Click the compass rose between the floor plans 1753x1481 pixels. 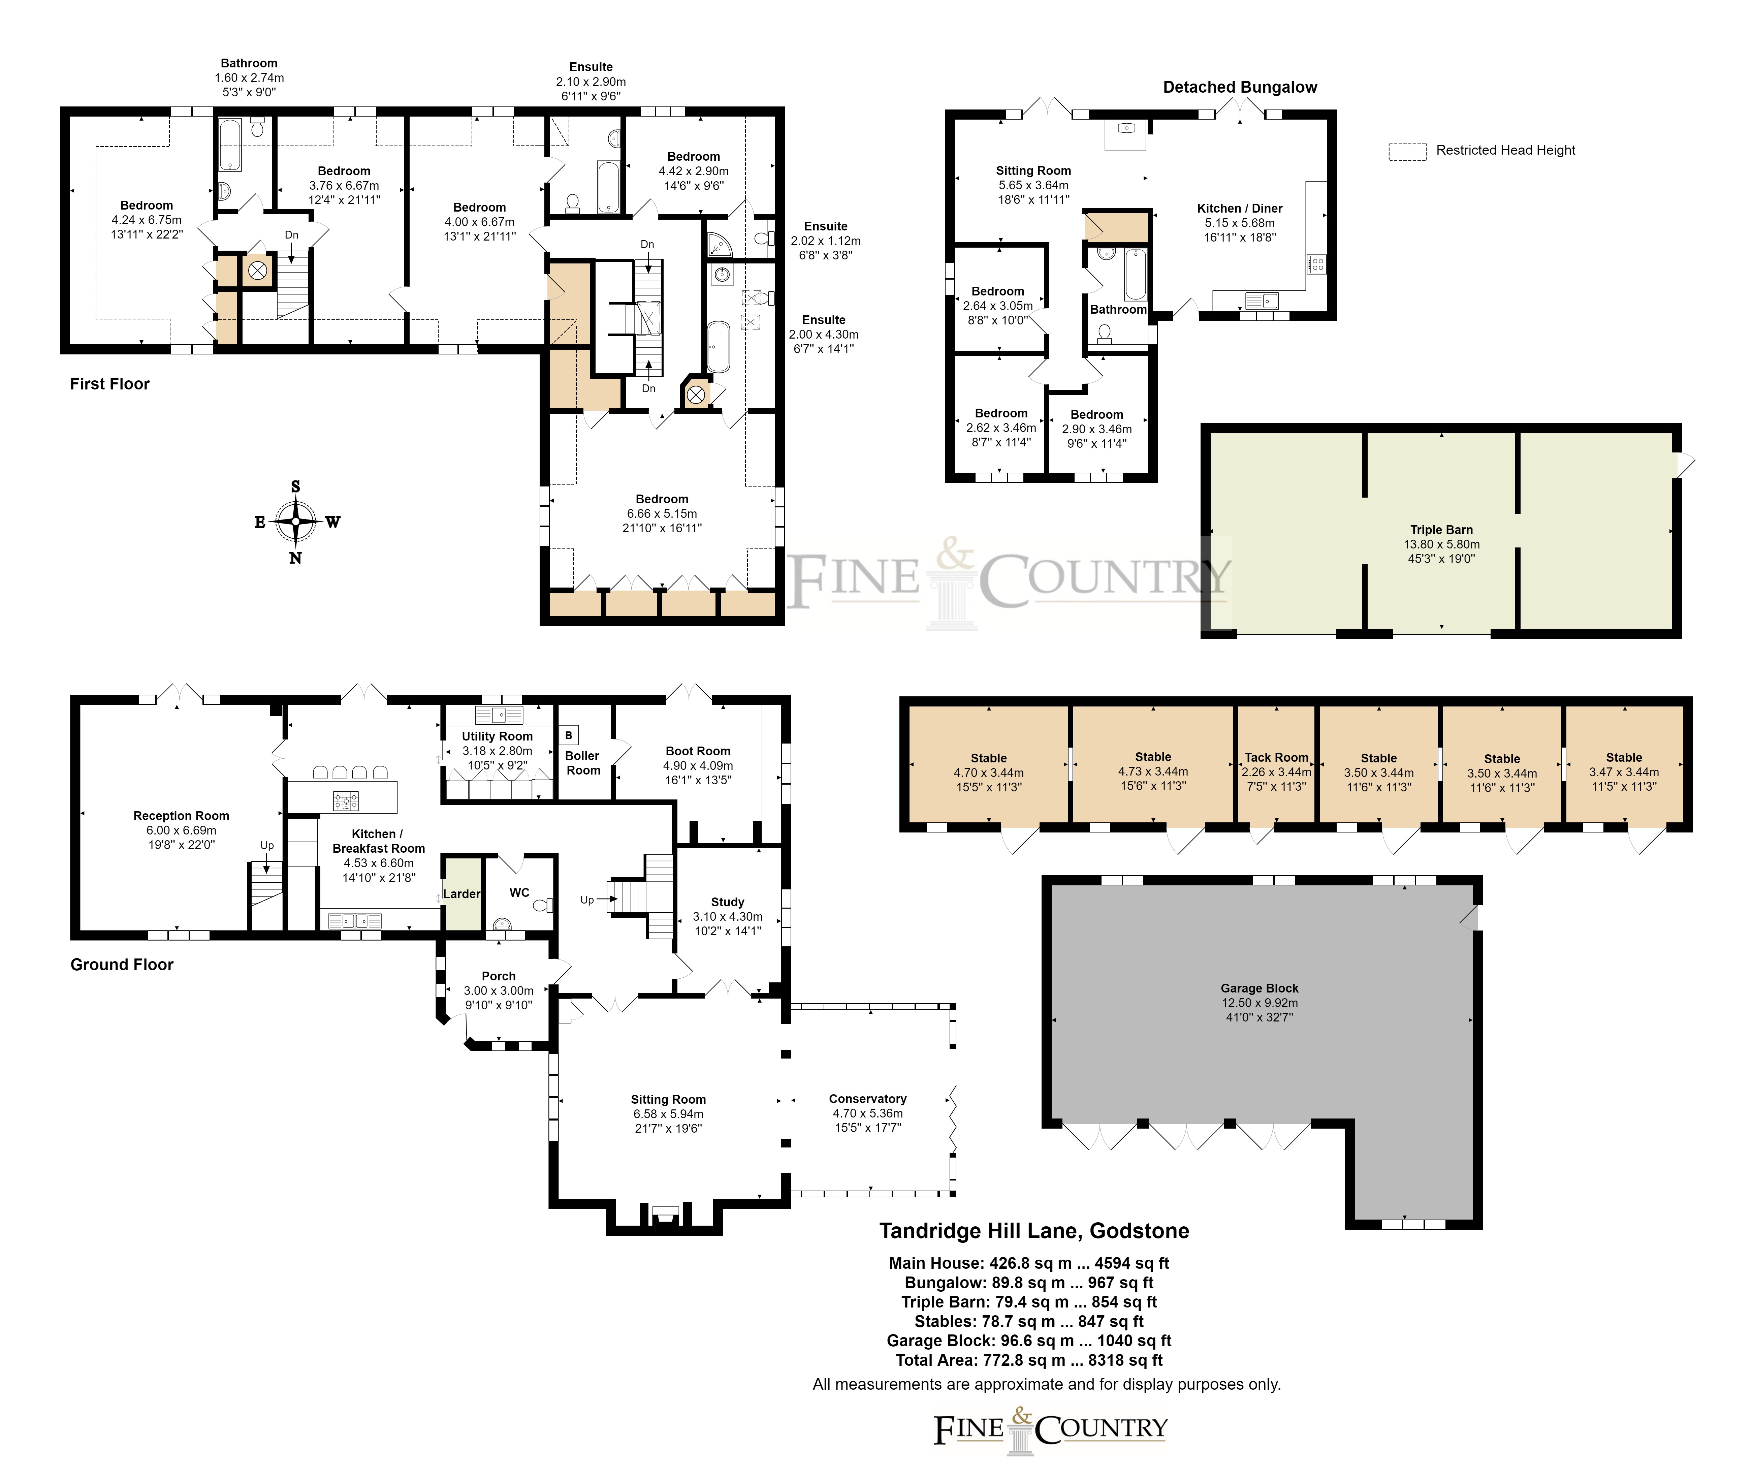tap(295, 522)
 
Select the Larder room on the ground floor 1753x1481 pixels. tap(462, 893)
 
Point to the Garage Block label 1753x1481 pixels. tap(1260, 988)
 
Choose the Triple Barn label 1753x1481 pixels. tap(1441, 530)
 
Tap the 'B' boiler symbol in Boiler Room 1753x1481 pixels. tap(568, 735)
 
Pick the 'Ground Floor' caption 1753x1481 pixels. tap(122, 965)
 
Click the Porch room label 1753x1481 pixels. tap(499, 976)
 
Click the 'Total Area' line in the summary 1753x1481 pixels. tap(1029, 1360)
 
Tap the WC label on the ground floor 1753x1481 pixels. tap(520, 892)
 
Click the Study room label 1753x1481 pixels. tap(728, 902)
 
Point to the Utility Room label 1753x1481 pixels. tap(497, 736)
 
